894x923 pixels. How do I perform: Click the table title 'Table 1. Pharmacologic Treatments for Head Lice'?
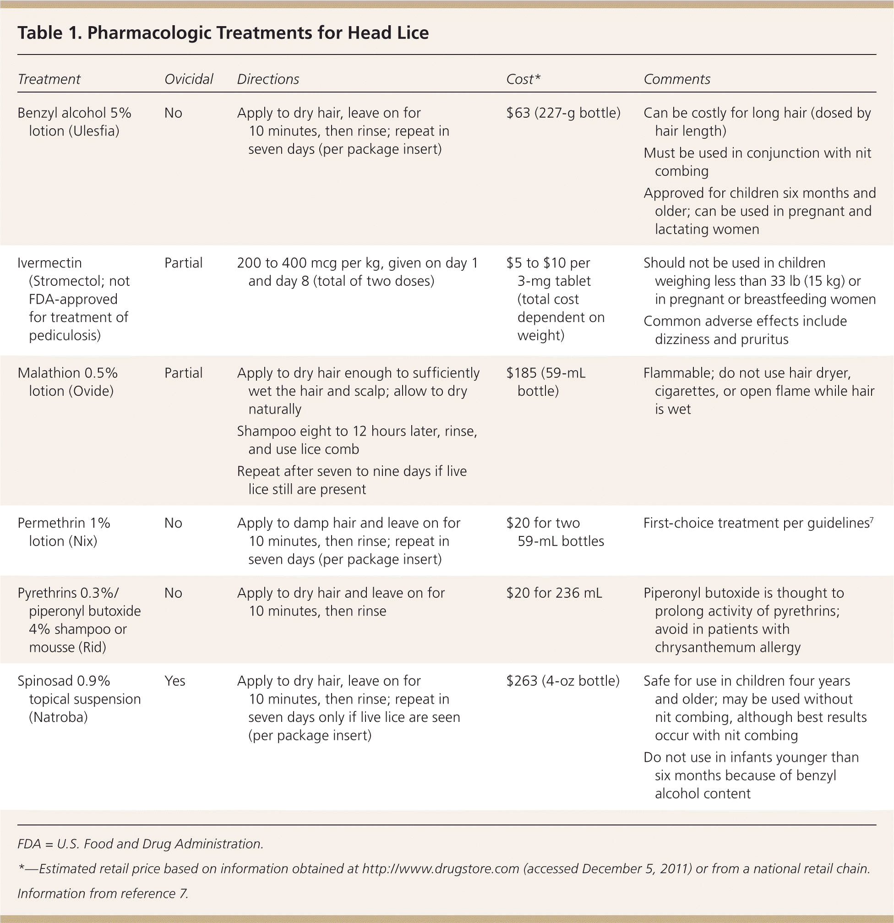tap(223, 33)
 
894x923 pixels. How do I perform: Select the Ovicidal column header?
tap(188, 79)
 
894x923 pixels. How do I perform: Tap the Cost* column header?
tap(523, 79)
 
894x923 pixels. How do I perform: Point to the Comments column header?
tap(676, 79)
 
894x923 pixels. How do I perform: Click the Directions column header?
tap(268, 79)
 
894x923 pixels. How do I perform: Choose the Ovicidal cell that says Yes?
tap(174, 681)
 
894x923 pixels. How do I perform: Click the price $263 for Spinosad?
tap(522, 681)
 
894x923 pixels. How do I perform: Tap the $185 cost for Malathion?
tap(521, 373)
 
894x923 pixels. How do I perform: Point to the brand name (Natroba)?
tap(58, 717)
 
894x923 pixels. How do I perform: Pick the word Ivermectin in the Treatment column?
tap(49, 263)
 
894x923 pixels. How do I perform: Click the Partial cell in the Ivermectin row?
tap(183, 263)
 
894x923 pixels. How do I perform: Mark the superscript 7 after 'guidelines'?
tap(872, 520)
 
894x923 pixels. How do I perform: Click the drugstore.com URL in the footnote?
tap(440, 868)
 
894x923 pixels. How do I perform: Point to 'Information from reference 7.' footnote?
tap(103, 893)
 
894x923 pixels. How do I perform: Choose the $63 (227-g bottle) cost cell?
tap(563, 113)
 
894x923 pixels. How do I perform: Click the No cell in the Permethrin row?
tap(173, 523)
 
